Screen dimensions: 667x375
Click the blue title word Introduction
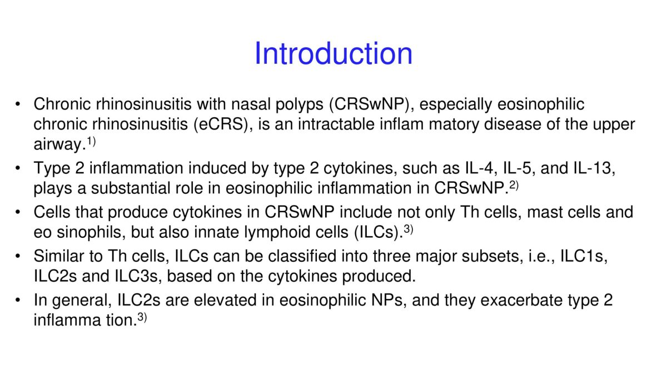tap(333, 53)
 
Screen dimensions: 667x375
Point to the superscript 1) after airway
tap(91, 141)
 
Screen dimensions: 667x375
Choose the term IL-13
tap(594, 168)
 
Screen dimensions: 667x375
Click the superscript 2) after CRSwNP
tap(514, 186)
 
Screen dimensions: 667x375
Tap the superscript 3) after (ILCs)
tap(409, 229)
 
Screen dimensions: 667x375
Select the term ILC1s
tap(584, 256)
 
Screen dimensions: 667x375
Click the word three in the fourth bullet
tap(391, 256)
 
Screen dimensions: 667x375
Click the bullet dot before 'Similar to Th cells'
tap(18, 256)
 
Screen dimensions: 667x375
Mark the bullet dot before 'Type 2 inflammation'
tap(18, 168)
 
